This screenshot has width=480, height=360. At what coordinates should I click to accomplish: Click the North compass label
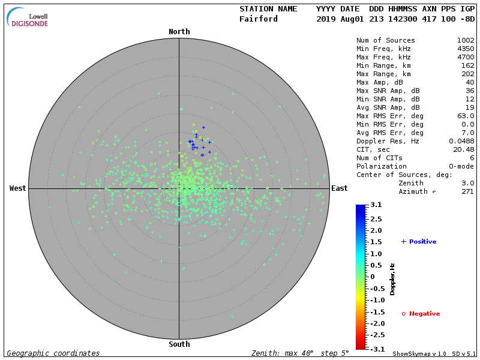pyautogui.click(x=179, y=32)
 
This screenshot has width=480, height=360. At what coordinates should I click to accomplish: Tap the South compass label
pyautogui.click(x=179, y=344)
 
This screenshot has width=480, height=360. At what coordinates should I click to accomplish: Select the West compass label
pyautogui.click(x=18, y=188)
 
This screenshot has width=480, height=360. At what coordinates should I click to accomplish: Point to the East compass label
pyautogui.click(x=340, y=188)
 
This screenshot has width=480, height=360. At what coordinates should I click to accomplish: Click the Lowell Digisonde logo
pyautogui.click(x=28, y=17)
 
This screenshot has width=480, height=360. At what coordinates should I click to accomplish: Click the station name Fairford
pyautogui.click(x=259, y=19)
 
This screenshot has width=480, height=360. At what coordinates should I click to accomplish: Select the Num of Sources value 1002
pyautogui.click(x=465, y=40)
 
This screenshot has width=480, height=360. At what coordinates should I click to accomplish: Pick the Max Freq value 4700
pyautogui.click(x=465, y=57)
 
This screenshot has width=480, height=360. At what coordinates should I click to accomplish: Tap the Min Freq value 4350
pyautogui.click(x=465, y=49)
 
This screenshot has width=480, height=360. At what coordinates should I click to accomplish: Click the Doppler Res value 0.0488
pyautogui.click(x=461, y=141)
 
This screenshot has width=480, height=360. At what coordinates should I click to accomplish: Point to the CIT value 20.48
pyautogui.click(x=463, y=149)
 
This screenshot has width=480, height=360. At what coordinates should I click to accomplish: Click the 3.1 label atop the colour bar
pyautogui.click(x=376, y=205)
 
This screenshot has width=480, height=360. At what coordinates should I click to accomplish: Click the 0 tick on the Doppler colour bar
pyautogui.click(x=372, y=277)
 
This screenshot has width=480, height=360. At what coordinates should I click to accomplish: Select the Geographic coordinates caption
pyautogui.click(x=53, y=353)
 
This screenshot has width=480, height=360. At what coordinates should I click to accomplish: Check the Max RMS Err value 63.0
pyautogui.click(x=465, y=116)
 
